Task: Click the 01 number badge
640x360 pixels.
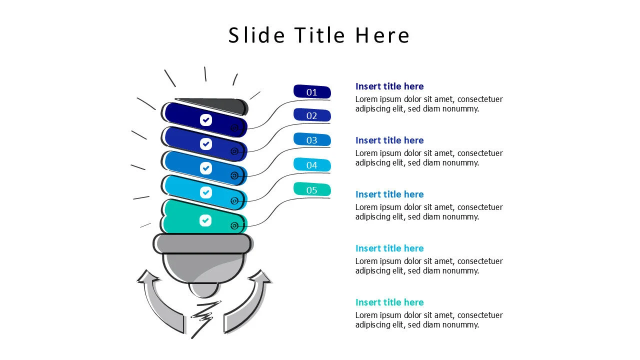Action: (x=312, y=91)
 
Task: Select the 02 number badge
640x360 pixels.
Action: (x=312, y=115)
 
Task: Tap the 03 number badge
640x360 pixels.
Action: (x=312, y=139)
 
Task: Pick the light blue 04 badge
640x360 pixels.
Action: (x=312, y=164)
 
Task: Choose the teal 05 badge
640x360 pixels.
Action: (x=312, y=189)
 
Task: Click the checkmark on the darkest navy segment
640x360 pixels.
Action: (x=205, y=120)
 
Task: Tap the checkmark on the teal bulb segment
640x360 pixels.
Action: (x=205, y=220)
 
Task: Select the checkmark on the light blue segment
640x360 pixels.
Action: (x=205, y=192)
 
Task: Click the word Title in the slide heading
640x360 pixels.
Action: (x=319, y=35)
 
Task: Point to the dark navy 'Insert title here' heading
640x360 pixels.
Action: (x=389, y=86)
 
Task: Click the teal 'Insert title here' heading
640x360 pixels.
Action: (x=389, y=302)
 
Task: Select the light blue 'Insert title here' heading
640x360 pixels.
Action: (x=389, y=248)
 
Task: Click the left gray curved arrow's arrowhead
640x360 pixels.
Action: (x=147, y=276)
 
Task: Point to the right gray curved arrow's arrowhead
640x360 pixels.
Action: (x=260, y=276)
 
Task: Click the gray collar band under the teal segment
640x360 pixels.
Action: (x=203, y=243)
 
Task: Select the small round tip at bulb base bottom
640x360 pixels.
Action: (x=203, y=289)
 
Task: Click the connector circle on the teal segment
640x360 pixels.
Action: (x=234, y=225)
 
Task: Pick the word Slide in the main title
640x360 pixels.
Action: (x=256, y=35)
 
